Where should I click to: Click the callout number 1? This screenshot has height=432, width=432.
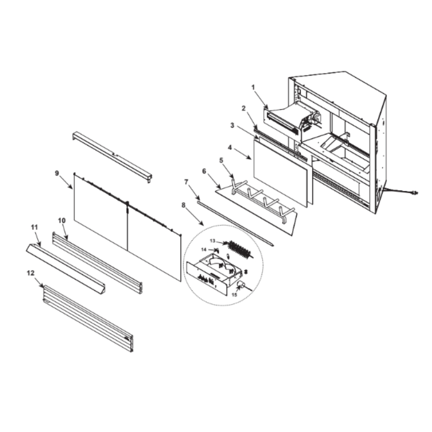point(253,87)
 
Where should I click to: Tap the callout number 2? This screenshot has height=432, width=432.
point(244,108)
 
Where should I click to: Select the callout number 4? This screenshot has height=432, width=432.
point(230,147)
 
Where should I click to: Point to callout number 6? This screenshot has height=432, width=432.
point(204,171)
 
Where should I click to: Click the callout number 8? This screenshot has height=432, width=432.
point(184,205)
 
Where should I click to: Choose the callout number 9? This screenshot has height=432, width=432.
point(57,173)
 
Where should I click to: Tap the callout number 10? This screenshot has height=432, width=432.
point(62,221)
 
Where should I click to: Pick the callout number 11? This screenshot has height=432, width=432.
point(34,227)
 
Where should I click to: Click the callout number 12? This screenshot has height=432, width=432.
point(31,273)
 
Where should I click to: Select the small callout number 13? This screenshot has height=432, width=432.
point(213,241)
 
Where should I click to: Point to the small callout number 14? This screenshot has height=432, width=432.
point(203,250)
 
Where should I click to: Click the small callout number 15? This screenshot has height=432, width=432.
point(234,295)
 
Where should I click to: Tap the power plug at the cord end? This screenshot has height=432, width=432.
point(415,193)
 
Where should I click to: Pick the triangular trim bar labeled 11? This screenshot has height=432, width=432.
point(66,268)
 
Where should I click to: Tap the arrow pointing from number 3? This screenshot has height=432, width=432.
point(247,132)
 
